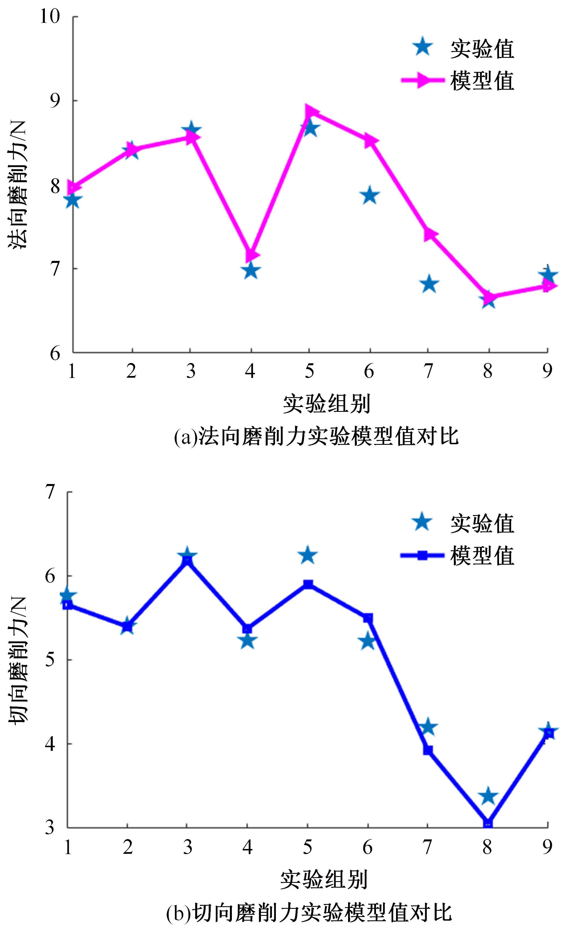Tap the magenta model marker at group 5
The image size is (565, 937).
pos(311,112)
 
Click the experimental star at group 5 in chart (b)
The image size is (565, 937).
pos(307,556)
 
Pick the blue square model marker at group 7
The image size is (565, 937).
pos(428,750)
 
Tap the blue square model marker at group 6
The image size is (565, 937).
pos(368,618)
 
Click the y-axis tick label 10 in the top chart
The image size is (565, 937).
pos(50,17)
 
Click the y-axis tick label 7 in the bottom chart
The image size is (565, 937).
pos(50,492)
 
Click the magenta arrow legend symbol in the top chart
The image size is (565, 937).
pos(423,80)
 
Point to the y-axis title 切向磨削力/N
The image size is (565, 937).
pos(17,660)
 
